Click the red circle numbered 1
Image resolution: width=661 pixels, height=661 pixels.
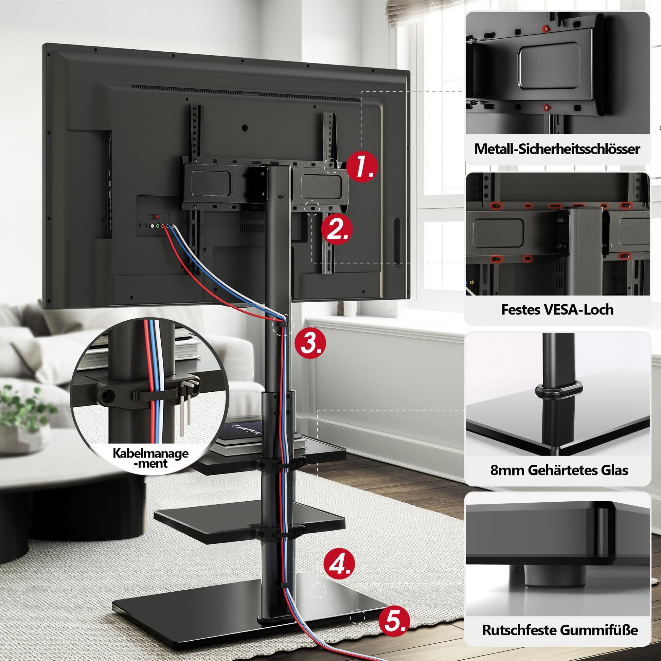[361, 167]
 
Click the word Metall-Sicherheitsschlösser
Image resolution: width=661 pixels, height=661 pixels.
[557, 149]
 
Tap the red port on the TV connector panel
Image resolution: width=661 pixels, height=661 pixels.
[157, 217]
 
